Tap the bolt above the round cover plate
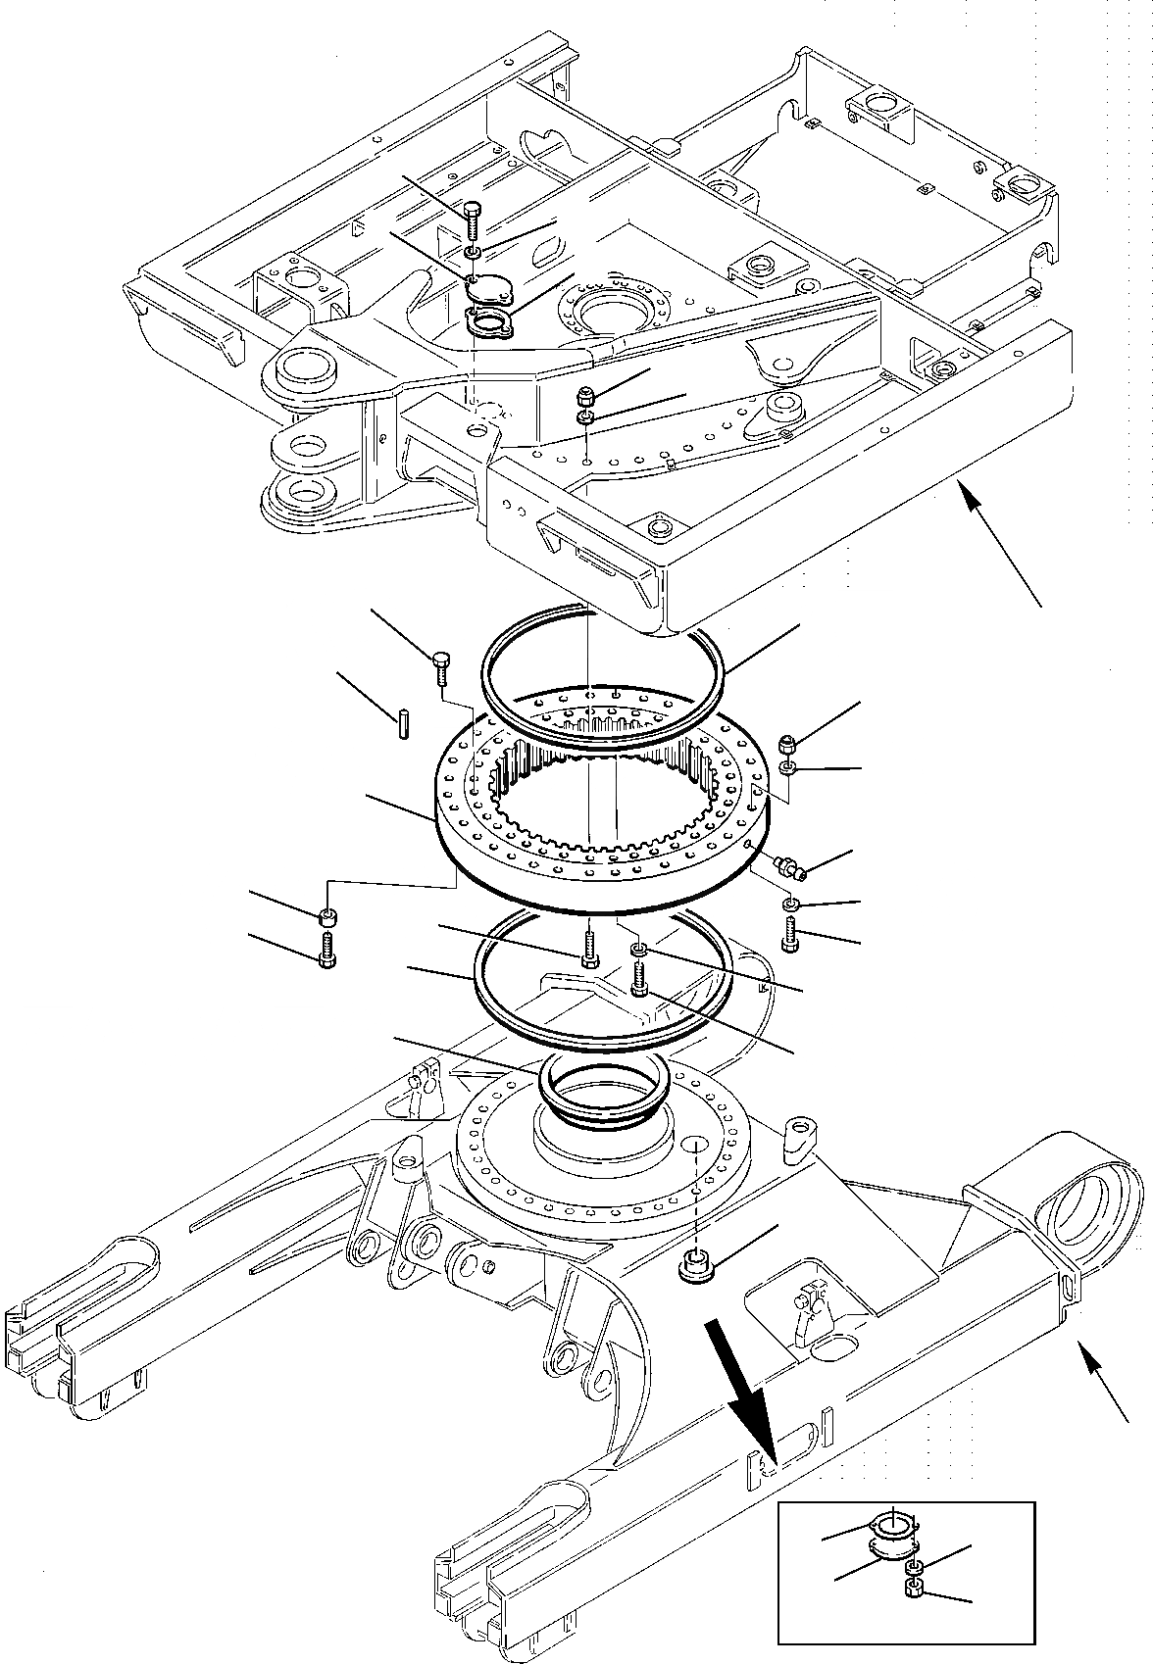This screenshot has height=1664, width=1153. point(472,221)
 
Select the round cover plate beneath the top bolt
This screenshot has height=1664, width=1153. point(487,290)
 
